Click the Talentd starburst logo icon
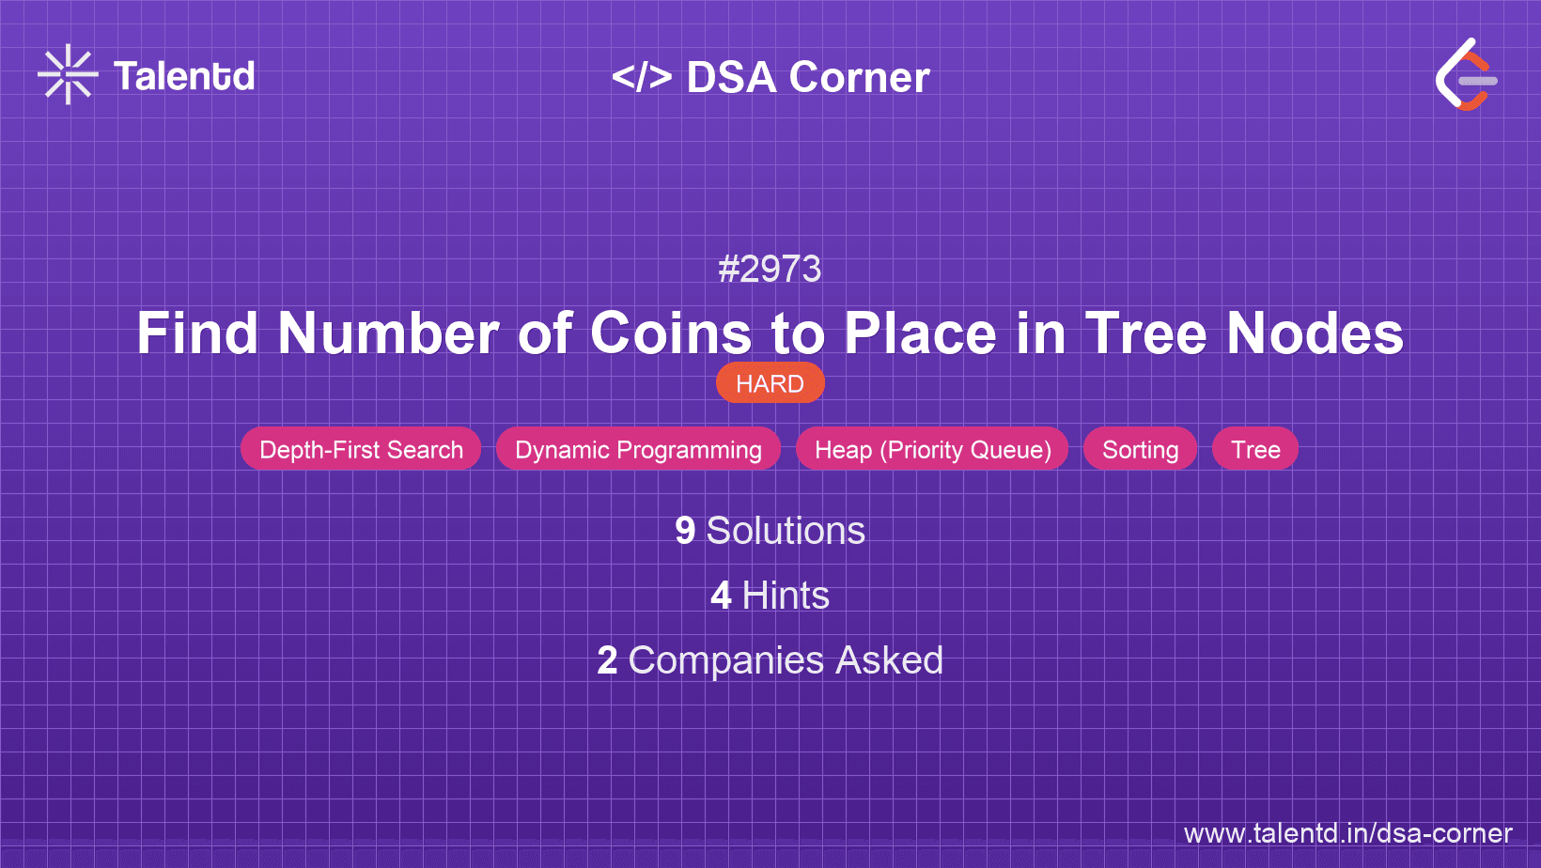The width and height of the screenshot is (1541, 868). tap(68, 75)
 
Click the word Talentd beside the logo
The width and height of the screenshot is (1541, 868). tap(184, 76)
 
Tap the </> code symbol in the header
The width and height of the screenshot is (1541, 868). tap(642, 77)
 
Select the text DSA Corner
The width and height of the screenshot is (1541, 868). tap(808, 77)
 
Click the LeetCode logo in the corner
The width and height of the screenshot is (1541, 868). tap(1466, 75)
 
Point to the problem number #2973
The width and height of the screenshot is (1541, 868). tap(770, 270)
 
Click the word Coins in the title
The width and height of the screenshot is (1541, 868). tap(671, 333)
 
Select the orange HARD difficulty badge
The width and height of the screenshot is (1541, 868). tap(770, 383)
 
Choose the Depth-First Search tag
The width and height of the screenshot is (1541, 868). tap(361, 449)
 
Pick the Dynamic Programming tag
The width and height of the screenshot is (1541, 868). tap(638, 449)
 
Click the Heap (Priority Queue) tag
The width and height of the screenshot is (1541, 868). tap(932, 449)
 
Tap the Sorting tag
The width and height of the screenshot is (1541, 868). tap(1140, 449)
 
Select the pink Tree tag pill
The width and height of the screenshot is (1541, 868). tap(1255, 449)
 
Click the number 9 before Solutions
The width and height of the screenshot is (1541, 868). tap(685, 531)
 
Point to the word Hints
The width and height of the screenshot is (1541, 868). tap(786, 596)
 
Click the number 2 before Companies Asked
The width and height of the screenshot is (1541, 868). tap(607, 660)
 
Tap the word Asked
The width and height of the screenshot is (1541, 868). tap(889, 660)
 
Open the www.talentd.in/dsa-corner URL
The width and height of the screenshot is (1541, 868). tap(1347, 833)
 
